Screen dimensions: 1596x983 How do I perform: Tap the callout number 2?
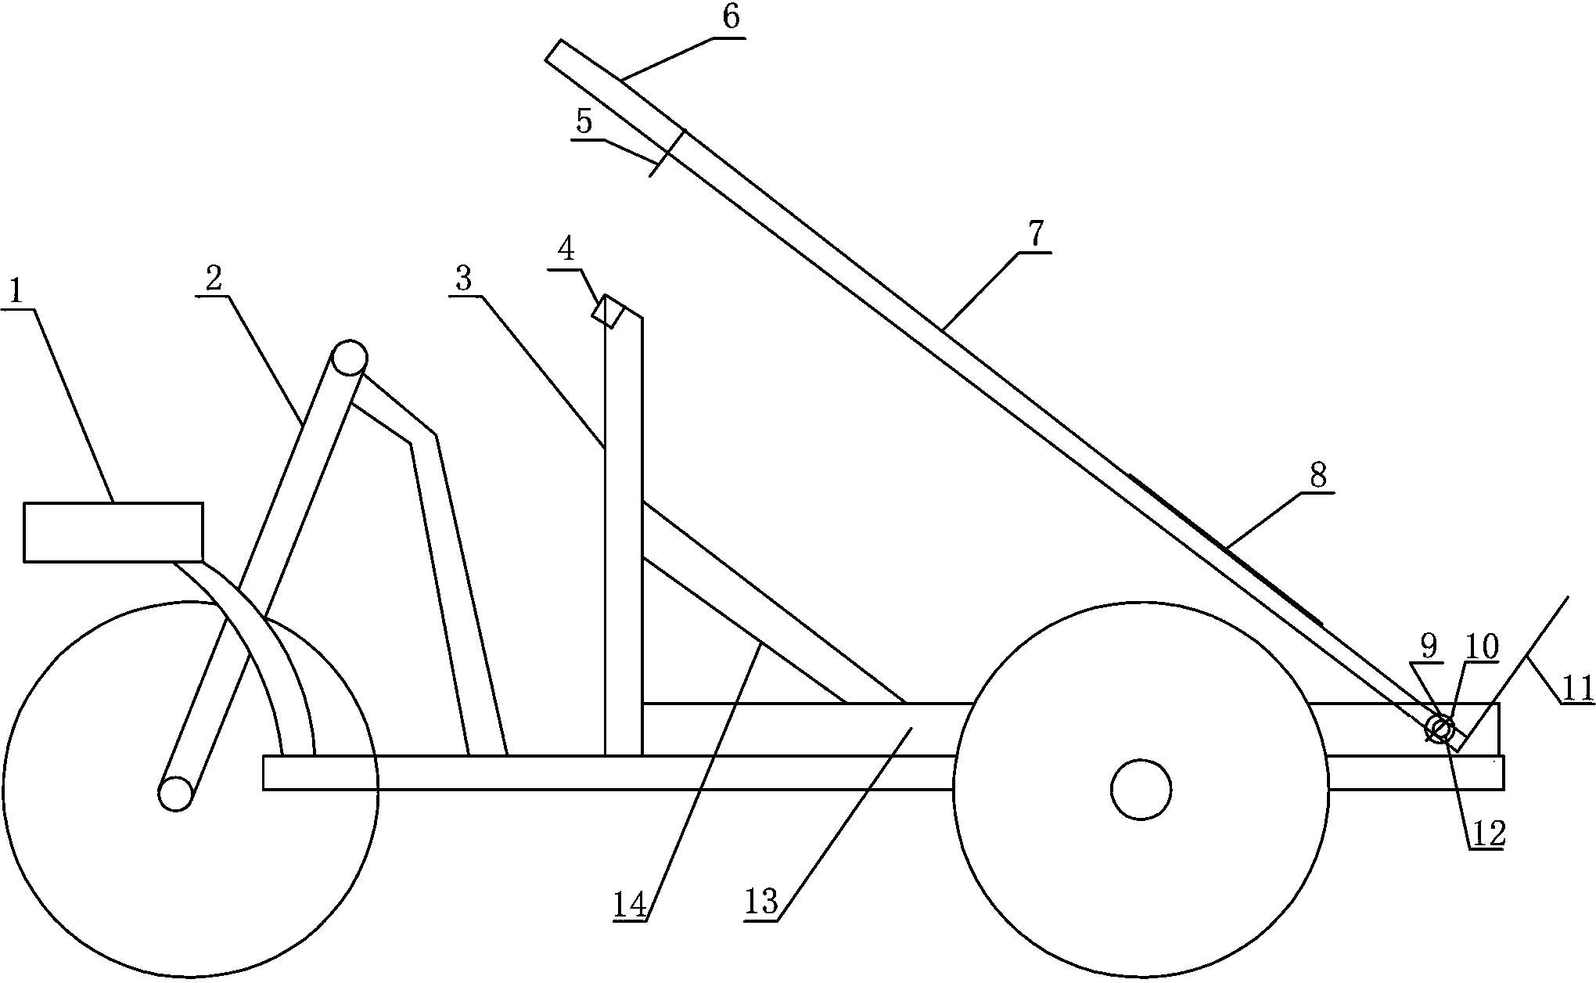[214, 278]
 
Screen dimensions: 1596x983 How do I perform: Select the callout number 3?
[465, 279]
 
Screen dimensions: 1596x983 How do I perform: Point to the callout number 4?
[566, 250]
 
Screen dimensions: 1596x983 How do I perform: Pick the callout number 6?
[731, 17]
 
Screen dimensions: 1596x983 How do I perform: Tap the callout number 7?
[1035, 234]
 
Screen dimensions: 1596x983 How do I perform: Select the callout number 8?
[1318, 474]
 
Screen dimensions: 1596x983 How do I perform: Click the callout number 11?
[1577, 689]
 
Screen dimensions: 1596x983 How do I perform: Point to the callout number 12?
[1489, 834]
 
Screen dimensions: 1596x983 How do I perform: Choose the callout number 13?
[761, 902]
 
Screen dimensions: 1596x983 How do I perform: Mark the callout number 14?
[630, 906]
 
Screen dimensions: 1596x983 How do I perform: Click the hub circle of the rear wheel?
[1141, 790]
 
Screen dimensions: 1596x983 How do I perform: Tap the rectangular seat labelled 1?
[113, 532]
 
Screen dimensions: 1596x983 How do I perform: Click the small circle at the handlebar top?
[349, 358]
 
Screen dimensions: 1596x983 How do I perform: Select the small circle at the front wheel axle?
[176, 793]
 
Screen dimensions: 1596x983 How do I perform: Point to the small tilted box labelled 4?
[608, 312]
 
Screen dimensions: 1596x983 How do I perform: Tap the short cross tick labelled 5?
[667, 153]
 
